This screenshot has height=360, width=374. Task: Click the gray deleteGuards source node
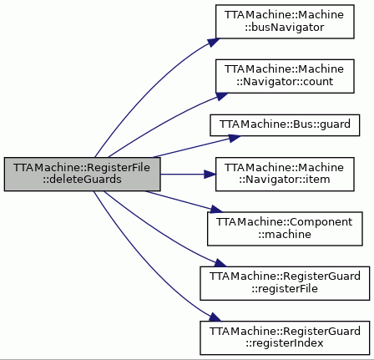[x=82, y=174]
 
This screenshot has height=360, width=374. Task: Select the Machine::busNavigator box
[x=285, y=22]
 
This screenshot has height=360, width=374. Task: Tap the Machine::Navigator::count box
[x=285, y=76]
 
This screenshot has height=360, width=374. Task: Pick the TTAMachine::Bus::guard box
[x=285, y=125]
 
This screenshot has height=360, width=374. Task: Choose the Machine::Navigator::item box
[x=285, y=174]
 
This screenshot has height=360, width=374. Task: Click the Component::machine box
[x=285, y=229]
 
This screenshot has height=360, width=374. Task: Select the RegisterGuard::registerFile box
[x=285, y=283]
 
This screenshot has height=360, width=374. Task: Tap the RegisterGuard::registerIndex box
[x=285, y=337]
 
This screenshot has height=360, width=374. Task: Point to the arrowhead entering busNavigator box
[x=214, y=43]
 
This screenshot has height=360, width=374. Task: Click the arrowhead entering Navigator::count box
[x=221, y=96]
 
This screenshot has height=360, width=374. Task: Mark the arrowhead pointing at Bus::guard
[x=235, y=138]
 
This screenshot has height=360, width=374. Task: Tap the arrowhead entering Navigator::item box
[x=210, y=175]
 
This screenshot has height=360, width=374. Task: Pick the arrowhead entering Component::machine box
[x=217, y=209]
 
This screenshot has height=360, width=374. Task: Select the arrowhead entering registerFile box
[x=220, y=263]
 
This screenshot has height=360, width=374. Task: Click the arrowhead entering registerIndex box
[x=215, y=317]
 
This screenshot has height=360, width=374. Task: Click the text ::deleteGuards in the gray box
[x=82, y=180]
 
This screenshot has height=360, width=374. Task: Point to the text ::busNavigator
[x=285, y=28]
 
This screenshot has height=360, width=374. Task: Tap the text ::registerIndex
[x=285, y=343]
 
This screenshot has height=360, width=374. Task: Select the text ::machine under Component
[x=285, y=234]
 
